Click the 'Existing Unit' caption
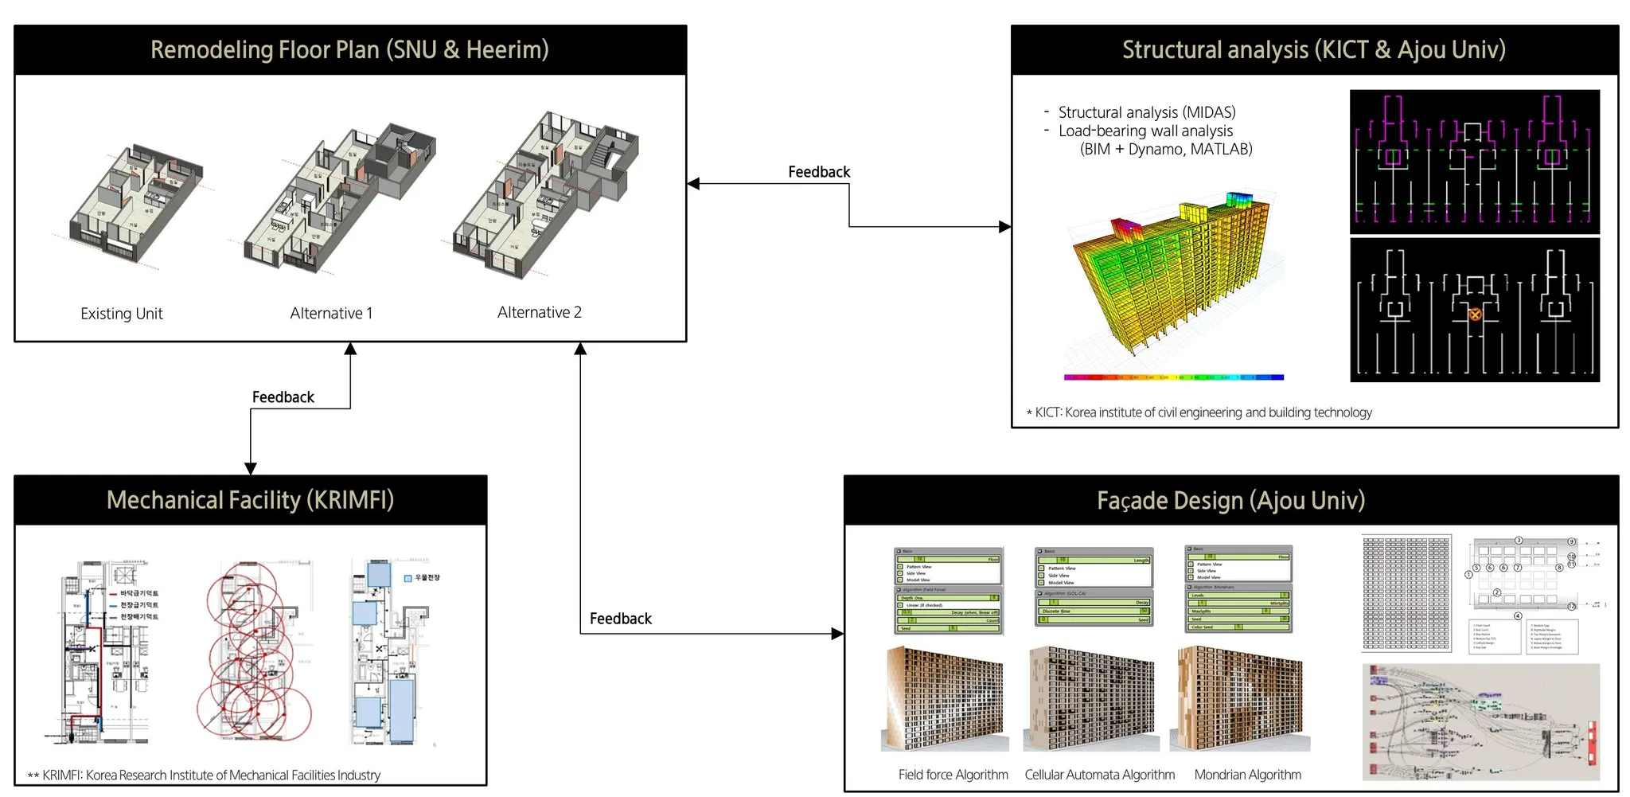pos(121,314)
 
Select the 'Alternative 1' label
pos(331,314)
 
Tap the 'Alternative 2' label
pos(540,312)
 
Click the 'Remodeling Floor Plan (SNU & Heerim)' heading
pos(349,49)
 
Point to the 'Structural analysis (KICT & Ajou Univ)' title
pos(1314,49)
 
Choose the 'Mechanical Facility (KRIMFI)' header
pos(250,500)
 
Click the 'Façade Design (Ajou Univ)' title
pos(1230,500)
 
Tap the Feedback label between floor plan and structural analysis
pos(819,172)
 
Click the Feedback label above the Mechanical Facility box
pos(283,397)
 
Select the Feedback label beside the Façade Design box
pos(620,619)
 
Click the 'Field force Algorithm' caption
pos(953,775)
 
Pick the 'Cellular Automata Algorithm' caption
pos(1099,775)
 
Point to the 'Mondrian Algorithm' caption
pos(1247,775)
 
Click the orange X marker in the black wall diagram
pos(1475,315)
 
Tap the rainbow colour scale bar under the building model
pos(1173,377)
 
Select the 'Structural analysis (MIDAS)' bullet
pos(1146,112)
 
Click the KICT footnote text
pos(1203,412)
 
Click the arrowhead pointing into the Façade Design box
pos(837,634)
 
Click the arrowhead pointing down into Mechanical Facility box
pos(251,469)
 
